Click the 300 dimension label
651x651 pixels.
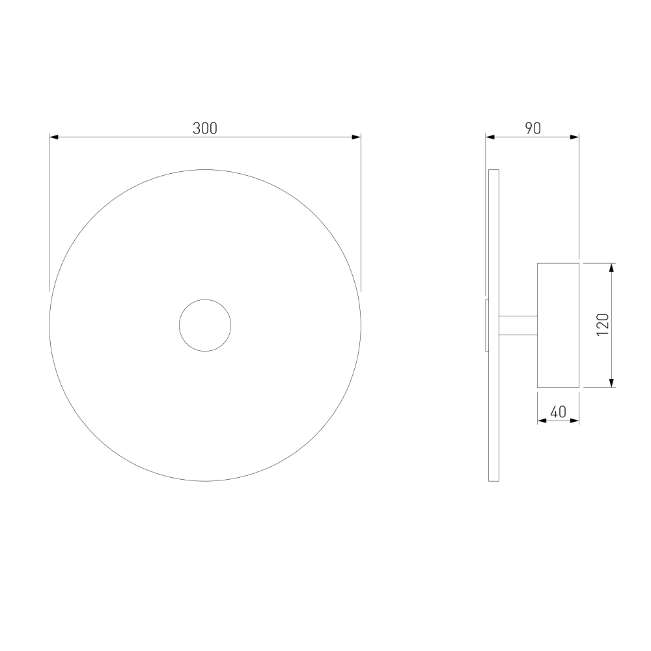204,128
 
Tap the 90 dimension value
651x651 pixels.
533,128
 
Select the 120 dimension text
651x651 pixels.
602,325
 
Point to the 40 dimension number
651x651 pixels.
558,412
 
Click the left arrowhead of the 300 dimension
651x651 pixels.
54,137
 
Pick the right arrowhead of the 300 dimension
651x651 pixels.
356,137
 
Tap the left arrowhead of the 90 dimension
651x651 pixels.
490,137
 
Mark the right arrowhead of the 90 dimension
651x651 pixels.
574,137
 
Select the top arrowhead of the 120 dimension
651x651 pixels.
611,268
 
